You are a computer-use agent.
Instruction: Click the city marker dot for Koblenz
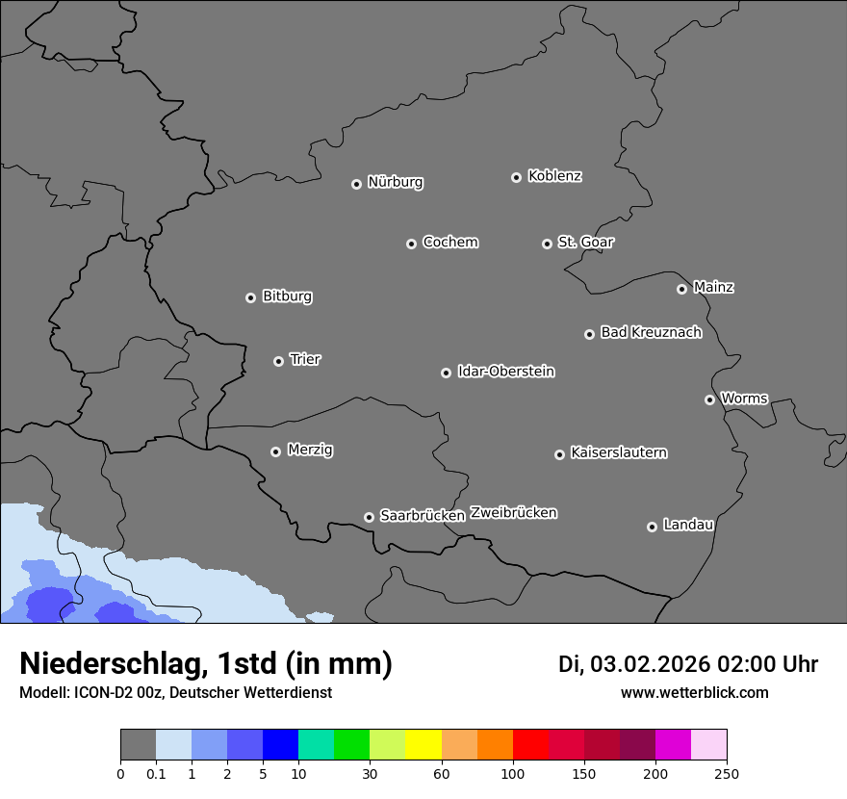516,177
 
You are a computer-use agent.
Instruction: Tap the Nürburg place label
395,182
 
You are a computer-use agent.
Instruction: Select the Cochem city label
449,242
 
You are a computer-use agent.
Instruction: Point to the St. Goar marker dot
547,244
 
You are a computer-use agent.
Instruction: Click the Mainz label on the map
713,287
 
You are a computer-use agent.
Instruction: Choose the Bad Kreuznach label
651,332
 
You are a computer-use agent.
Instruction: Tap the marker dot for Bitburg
250,297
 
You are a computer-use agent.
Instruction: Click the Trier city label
305,359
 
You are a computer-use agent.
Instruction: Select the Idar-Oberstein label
505,371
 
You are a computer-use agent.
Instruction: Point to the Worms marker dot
709,399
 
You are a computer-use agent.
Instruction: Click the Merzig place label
310,450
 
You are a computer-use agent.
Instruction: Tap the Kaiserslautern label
618,452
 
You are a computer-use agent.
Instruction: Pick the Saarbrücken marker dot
369,517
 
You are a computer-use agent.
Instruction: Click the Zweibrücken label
513,512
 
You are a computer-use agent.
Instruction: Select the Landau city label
688,525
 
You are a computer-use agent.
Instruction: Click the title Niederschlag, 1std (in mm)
206,663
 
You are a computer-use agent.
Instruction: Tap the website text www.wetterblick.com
694,692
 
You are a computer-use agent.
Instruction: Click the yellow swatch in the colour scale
423,745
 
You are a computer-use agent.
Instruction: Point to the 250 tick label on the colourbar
727,773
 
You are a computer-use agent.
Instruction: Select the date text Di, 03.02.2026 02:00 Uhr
688,664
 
